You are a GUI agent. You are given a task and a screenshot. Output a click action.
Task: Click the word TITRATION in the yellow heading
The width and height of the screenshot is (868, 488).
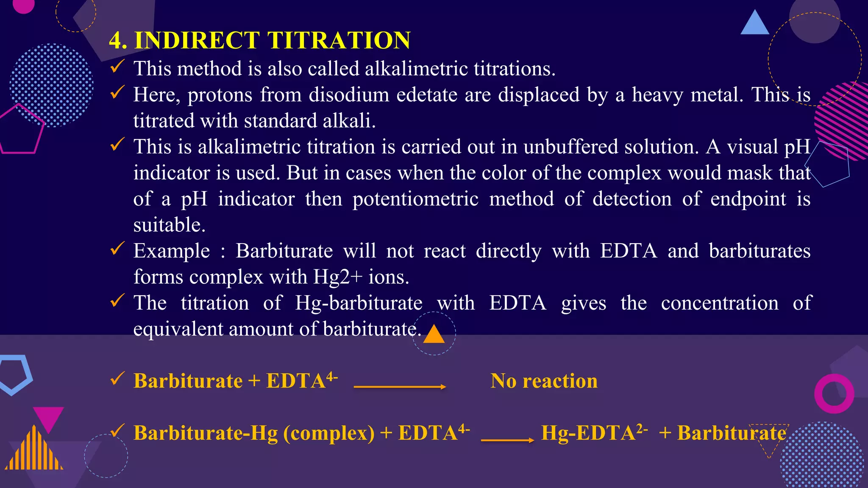[x=339, y=41]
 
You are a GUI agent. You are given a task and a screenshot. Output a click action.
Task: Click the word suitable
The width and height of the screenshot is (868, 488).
[x=169, y=225]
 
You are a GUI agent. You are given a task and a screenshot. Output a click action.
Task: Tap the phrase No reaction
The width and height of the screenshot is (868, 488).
[x=544, y=381]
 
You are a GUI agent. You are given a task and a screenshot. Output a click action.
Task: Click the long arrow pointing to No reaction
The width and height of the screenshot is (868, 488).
[x=399, y=386]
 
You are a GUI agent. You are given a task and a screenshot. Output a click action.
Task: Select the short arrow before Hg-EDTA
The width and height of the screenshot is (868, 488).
[x=507, y=440]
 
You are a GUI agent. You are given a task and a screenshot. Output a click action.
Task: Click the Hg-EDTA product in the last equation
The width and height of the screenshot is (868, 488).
[x=594, y=433]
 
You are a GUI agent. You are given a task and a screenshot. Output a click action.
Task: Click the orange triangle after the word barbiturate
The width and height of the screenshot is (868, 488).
[x=434, y=335]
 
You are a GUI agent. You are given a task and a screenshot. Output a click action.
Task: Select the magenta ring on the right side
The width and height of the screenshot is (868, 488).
[x=834, y=394]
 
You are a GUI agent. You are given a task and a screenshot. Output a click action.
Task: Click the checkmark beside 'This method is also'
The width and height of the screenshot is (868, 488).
[x=117, y=67]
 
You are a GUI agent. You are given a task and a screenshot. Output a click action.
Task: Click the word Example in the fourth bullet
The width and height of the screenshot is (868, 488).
[x=172, y=251]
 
